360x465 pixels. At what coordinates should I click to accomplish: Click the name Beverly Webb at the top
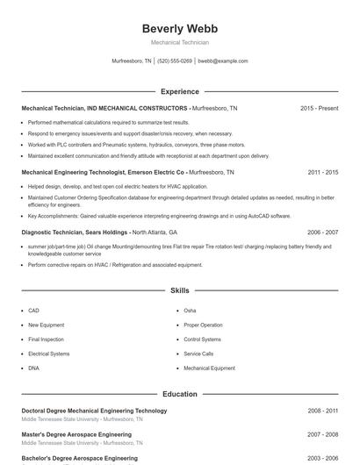tap(179, 28)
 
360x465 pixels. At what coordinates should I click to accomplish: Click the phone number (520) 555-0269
tap(176, 61)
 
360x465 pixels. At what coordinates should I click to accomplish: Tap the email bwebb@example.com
tap(223, 61)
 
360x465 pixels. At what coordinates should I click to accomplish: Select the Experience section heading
tap(180, 91)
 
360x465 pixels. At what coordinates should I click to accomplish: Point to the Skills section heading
tap(180, 290)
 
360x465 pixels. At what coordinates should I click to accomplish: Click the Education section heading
tap(180, 394)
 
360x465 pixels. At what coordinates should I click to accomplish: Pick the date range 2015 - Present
tap(319, 108)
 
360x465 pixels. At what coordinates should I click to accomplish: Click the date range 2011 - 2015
tap(322, 173)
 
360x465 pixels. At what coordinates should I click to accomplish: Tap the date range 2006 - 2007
tap(322, 232)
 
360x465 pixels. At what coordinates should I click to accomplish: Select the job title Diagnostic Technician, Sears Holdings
tap(75, 232)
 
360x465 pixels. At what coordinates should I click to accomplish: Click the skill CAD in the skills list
tap(33, 311)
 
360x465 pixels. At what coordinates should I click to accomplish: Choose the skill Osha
tap(190, 311)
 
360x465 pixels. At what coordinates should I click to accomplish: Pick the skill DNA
tap(33, 368)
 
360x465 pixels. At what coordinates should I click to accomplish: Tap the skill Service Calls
tap(198, 354)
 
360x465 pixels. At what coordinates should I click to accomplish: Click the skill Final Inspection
tap(46, 339)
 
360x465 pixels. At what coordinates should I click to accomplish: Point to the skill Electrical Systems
tap(48, 354)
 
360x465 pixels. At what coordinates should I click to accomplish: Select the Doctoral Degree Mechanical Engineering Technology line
tap(94, 411)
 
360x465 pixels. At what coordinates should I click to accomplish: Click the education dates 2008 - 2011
tap(322, 411)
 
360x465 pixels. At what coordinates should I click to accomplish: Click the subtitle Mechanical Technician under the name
tap(179, 42)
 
